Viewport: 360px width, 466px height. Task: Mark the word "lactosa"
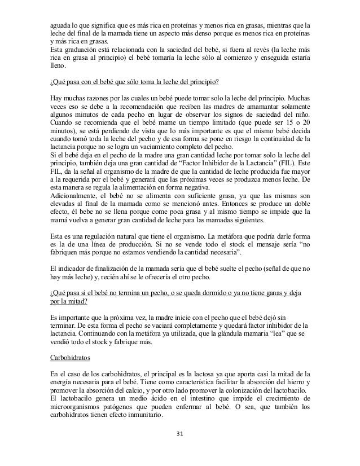pos(209,374)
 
